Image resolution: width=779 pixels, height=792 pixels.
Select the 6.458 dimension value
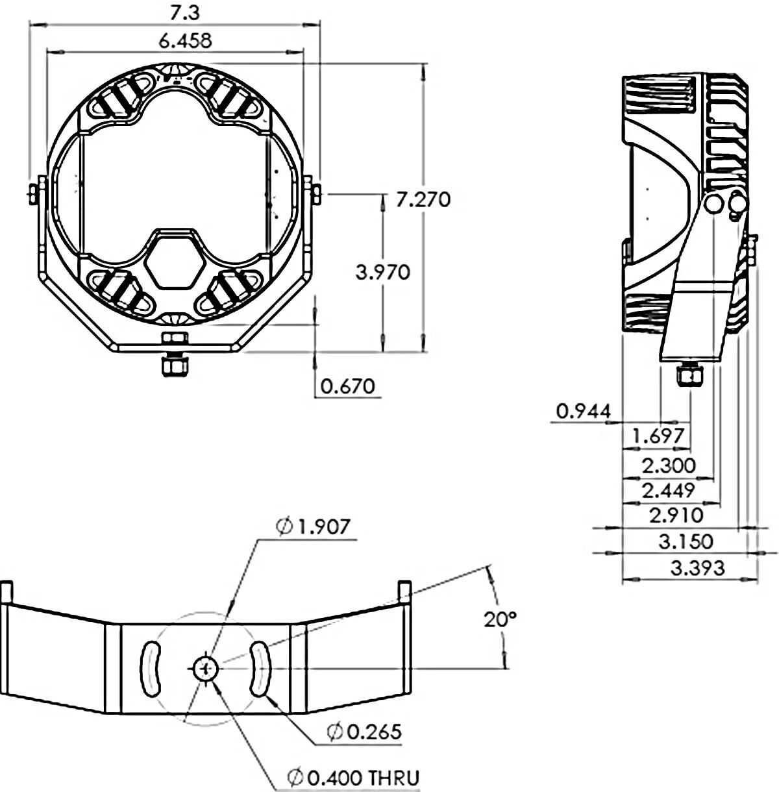(x=186, y=41)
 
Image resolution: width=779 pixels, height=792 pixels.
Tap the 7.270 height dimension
(x=423, y=200)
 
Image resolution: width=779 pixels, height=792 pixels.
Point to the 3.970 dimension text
(x=383, y=272)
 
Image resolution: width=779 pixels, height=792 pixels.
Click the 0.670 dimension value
(x=348, y=386)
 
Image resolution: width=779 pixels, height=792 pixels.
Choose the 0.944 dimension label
(x=584, y=410)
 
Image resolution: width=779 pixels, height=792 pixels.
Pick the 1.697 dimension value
(x=658, y=435)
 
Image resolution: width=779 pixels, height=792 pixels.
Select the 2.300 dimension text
(x=669, y=465)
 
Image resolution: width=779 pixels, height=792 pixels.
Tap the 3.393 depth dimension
(x=698, y=569)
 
